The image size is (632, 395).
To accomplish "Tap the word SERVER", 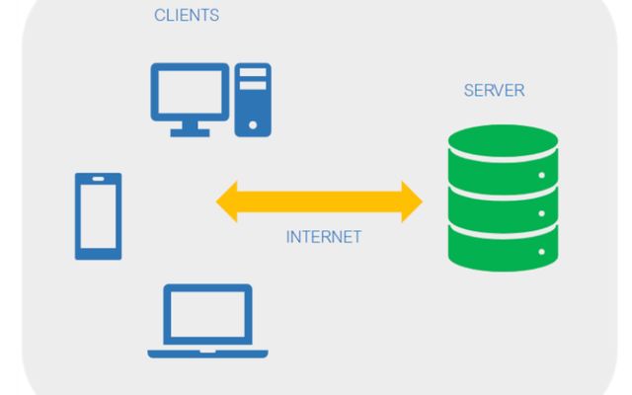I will (x=494, y=91).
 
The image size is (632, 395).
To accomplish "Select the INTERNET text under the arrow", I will (x=323, y=237).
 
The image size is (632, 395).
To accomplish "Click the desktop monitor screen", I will (x=188, y=91).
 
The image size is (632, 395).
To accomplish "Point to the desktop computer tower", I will (x=253, y=100).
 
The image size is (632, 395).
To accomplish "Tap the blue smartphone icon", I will (x=98, y=216).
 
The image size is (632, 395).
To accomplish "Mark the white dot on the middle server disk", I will (x=540, y=212).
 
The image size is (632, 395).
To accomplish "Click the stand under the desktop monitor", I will (x=188, y=129).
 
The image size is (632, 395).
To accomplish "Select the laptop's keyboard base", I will (x=207, y=351).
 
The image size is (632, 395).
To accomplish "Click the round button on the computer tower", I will (x=253, y=124).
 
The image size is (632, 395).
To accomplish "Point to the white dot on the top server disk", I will (x=540, y=174).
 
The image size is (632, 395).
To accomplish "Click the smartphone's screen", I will (x=98, y=216).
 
